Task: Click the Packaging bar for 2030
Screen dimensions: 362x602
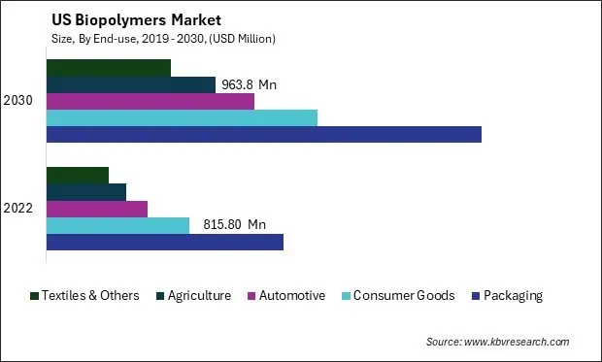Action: pyautogui.click(x=264, y=135)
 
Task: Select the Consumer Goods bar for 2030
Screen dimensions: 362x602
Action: pyautogui.click(x=182, y=118)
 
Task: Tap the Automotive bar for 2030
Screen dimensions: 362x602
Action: pyautogui.click(x=150, y=101)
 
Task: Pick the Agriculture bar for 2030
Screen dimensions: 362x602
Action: pyautogui.click(x=131, y=84)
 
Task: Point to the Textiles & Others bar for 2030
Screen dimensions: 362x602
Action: pyautogui.click(x=109, y=68)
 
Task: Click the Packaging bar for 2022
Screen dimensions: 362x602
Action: pyautogui.click(x=165, y=242)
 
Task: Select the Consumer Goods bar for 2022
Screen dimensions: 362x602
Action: pyautogui.click(x=117, y=225)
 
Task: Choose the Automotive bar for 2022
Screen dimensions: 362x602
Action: pyautogui.click(x=97, y=209)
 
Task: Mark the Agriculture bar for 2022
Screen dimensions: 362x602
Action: pyautogui.click(x=86, y=192)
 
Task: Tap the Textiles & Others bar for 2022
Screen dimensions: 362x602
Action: pyautogui.click(x=78, y=176)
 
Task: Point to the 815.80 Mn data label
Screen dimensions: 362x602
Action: pyautogui.click(x=234, y=225)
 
